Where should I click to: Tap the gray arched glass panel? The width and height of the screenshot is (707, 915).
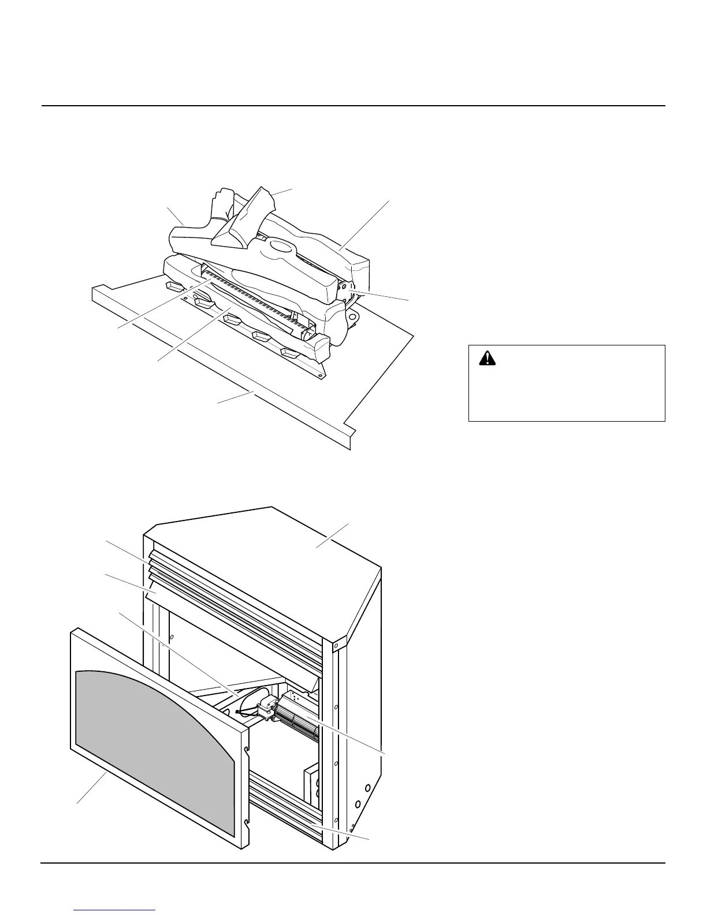[x=156, y=751]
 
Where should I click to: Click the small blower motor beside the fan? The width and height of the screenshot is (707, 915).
[x=267, y=708]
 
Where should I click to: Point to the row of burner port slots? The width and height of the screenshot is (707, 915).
[x=254, y=300]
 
